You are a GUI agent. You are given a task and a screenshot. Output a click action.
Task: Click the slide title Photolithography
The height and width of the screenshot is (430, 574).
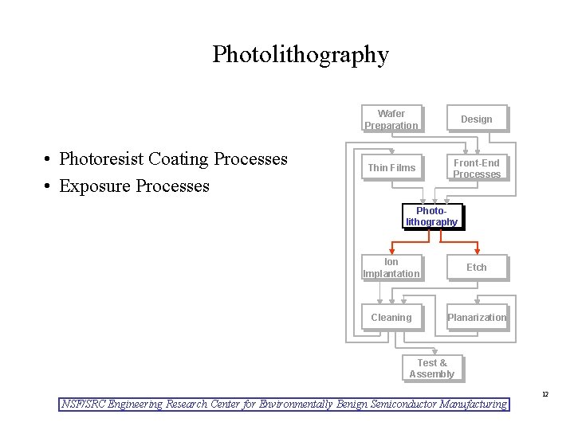point(301,54)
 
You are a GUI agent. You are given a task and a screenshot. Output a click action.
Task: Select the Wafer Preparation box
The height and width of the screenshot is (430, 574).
point(391,119)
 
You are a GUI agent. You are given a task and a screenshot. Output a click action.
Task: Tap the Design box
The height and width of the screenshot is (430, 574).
point(476,119)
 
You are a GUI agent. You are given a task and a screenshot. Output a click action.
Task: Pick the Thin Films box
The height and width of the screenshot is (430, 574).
point(391,168)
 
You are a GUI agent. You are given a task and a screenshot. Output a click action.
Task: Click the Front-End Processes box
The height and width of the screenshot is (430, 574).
point(476,168)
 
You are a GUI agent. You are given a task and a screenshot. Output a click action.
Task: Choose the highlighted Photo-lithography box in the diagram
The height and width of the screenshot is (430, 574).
point(431,217)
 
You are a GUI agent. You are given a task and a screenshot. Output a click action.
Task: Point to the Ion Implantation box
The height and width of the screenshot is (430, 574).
point(391,268)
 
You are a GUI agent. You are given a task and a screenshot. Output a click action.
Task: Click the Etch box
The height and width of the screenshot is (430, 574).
point(476,268)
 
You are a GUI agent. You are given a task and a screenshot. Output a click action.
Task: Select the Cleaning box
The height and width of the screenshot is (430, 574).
point(391,317)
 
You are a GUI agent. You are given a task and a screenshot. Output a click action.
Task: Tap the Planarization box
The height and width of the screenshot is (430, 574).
point(476,317)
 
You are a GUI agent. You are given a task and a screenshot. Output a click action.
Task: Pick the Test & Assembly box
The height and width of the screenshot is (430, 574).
point(431,368)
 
